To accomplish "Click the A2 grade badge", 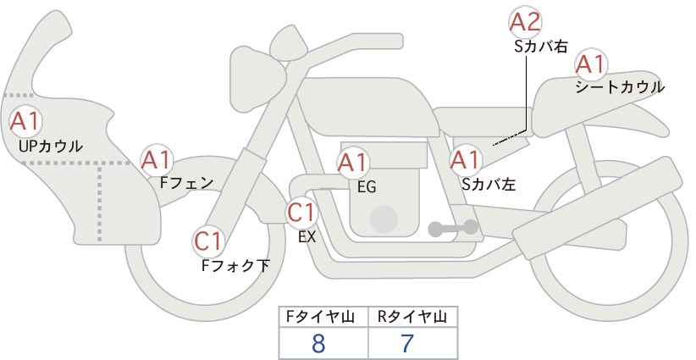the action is pos(525,21).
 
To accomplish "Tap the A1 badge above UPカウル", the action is pos(25,121).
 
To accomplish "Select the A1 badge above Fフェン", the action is pos(156,160).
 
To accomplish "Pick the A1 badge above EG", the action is pos(353,163).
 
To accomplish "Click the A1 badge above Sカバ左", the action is pos(466,160).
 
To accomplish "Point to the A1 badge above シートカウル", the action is pos(591,65).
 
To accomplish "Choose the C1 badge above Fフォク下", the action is pos(208,242).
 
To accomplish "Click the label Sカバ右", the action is pos(541,47).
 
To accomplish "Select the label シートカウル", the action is pos(620,87).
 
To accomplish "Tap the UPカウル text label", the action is pos(51,146).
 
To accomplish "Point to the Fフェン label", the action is pos(186,183).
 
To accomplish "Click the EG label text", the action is pos(367,187).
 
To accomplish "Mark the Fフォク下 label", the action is pos(235,265).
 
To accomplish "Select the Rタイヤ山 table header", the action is pos(412,317).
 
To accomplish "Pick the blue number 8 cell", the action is pos(318,343).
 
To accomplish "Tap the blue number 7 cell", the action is pos(407,343).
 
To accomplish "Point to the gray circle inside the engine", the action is pos(384,219).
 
